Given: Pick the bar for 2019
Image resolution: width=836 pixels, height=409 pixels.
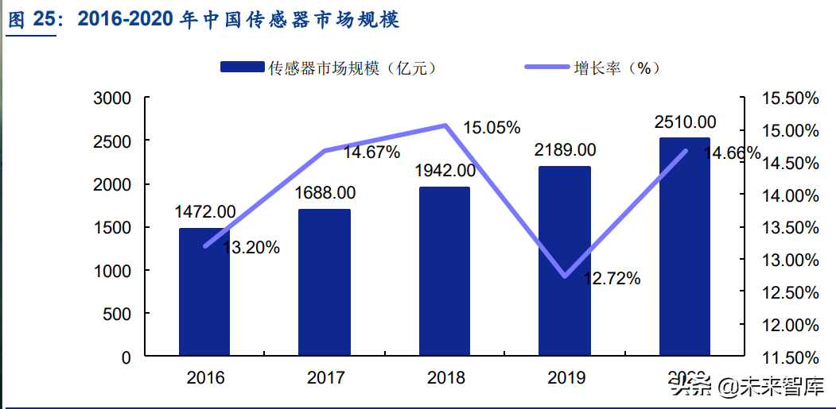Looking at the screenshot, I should (565, 261).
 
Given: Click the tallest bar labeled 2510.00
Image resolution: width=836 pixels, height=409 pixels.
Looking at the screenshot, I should (685, 247).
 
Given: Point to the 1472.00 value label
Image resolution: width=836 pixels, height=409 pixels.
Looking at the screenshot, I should (205, 212).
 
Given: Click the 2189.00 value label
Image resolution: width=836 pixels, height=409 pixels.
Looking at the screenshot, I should (565, 150).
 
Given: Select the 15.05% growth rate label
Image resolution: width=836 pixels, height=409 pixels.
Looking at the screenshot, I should (492, 127).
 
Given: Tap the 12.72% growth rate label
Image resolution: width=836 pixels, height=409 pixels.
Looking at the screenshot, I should (612, 278).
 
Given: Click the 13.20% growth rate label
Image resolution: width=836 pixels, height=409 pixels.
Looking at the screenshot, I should (251, 248).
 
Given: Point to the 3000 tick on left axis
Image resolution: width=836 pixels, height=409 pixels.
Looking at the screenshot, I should (112, 98).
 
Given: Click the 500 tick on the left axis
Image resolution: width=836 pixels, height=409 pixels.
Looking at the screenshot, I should (117, 314).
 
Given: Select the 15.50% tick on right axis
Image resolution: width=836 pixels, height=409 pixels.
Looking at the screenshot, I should (789, 98).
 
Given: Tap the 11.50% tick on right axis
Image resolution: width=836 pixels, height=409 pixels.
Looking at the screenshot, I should (789, 357).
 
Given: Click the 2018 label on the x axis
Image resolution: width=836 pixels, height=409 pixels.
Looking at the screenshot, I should (445, 377).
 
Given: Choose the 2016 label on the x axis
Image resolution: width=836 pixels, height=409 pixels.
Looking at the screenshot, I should (205, 377).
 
